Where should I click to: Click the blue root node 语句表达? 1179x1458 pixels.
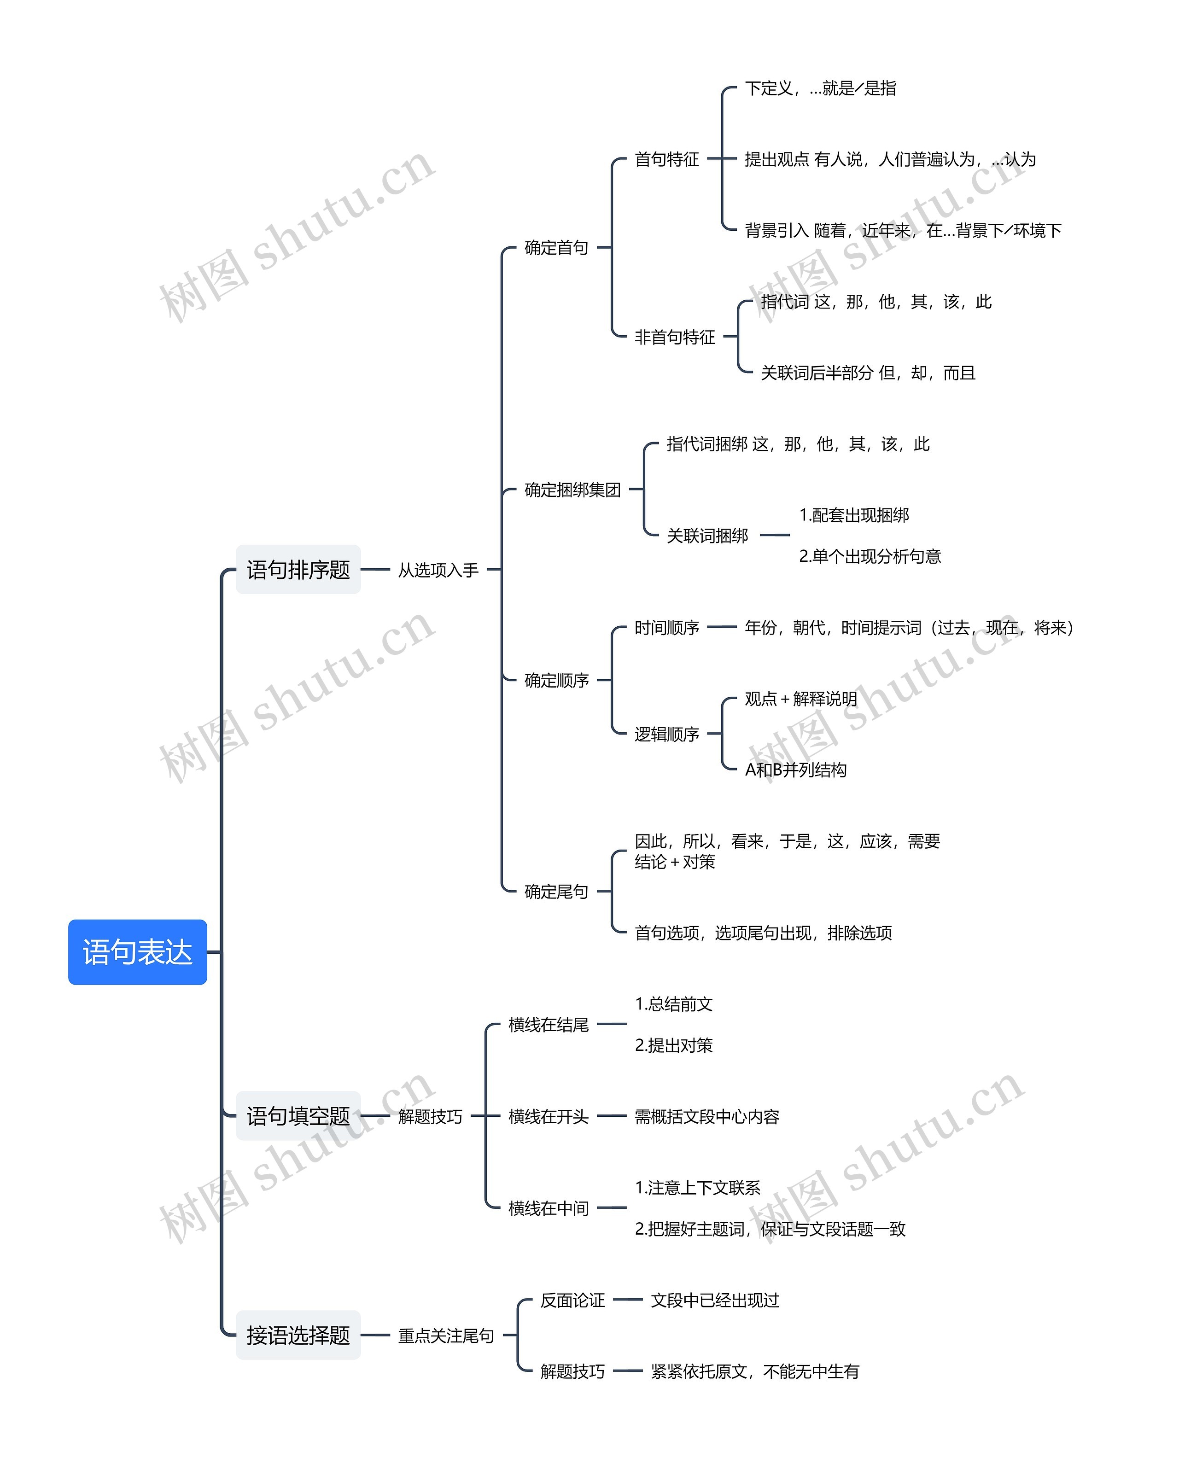[x=137, y=951]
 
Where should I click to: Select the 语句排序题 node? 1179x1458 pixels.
[x=298, y=569]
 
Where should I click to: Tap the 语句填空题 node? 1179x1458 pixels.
[x=298, y=1116]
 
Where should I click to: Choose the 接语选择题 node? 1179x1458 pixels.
[x=298, y=1335]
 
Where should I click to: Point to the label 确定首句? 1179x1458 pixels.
[x=556, y=248]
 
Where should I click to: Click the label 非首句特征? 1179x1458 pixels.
[x=674, y=337]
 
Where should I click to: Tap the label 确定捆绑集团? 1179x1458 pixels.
[x=572, y=490]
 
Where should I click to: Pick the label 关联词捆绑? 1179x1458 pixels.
[x=707, y=536]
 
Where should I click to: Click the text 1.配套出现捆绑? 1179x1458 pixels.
[x=854, y=515]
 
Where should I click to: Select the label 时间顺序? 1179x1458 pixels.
[x=666, y=628]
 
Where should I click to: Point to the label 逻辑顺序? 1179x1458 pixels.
[x=666, y=734]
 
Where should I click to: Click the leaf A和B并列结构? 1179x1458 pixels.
[x=795, y=770]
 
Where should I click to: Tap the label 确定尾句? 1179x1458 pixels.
[x=556, y=892]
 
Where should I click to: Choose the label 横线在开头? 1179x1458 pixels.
[x=548, y=1116]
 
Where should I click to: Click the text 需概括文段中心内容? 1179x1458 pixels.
[x=706, y=1116]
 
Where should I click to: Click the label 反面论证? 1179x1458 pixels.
[x=572, y=1301]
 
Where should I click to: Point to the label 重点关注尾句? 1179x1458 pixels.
[x=445, y=1336]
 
